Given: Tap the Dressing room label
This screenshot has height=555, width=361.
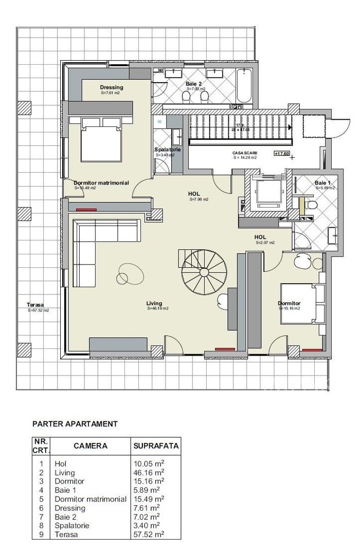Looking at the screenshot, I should [x=112, y=87].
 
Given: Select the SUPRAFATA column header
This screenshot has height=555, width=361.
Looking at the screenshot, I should [x=155, y=446].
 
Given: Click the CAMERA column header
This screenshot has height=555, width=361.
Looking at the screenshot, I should [x=91, y=446].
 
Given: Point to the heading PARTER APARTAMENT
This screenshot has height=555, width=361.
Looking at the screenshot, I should [x=75, y=424].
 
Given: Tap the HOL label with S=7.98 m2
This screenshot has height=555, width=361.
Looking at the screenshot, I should [x=194, y=194].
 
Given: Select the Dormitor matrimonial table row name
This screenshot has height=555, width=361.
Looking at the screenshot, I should [x=91, y=498].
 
